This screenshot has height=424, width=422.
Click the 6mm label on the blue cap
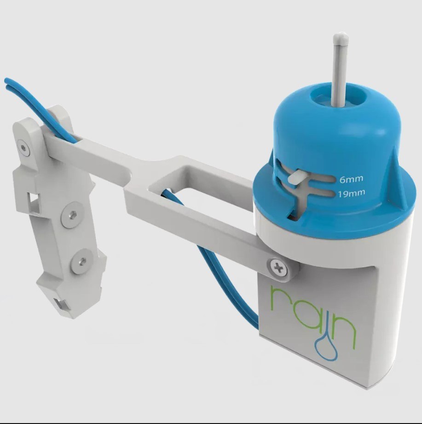[351, 179]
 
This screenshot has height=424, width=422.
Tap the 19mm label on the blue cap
[352, 193]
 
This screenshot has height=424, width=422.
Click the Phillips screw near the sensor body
[278, 268]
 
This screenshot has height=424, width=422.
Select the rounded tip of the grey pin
[341, 38]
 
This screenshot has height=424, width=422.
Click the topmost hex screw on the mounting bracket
[24, 148]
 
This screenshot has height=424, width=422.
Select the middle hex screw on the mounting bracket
[72, 215]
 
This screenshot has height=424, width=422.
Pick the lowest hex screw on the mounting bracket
[83, 261]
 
